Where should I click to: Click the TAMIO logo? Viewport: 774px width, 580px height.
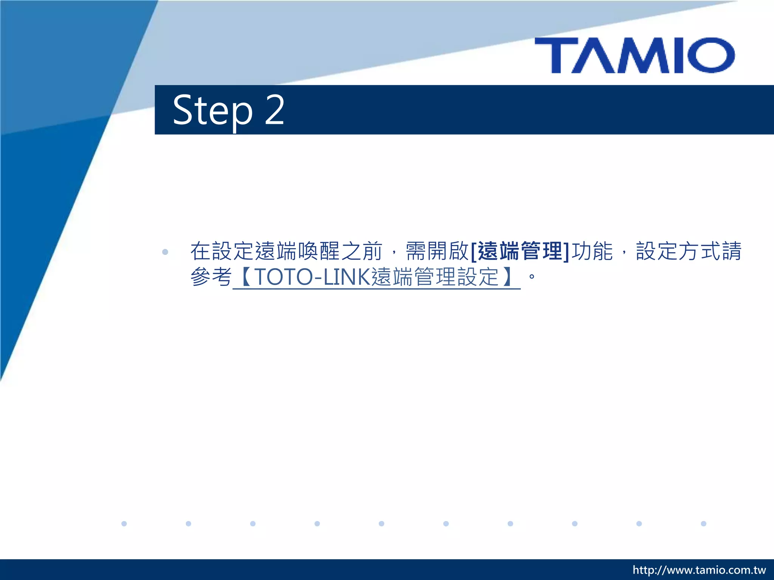[635, 56]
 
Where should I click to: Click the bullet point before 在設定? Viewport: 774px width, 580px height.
[165, 252]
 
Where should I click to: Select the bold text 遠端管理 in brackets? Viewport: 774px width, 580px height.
[520, 251]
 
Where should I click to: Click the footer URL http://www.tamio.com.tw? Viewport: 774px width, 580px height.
[699, 570]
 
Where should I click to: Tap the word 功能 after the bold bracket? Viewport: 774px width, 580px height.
[592, 251]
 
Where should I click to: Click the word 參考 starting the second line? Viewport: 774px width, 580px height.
[211, 277]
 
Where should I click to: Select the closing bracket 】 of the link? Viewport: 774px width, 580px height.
[507, 277]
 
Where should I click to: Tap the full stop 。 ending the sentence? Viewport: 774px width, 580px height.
[532, 277]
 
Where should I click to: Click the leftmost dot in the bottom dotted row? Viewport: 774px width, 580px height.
[124, 523]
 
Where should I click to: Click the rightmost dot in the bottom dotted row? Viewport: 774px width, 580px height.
[703, 523]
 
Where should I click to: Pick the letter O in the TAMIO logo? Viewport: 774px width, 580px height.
[711, 56]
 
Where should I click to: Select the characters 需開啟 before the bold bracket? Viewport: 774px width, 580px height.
[437, 251]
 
